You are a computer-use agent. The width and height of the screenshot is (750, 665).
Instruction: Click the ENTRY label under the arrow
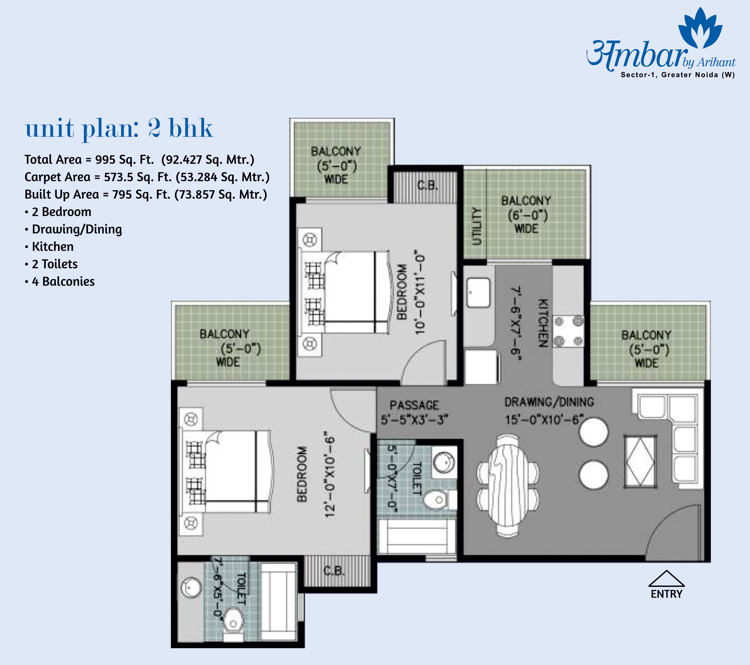coord(666,594)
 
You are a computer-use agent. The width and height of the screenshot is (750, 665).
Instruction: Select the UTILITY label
coord(476,226)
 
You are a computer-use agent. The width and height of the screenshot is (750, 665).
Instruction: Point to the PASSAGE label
coord(414,405)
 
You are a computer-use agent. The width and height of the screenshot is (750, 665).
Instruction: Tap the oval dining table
coord(508,486)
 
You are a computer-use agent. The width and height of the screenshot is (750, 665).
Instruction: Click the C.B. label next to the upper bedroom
coord(427,185)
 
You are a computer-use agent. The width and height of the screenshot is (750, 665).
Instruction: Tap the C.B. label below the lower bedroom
coord(334,571)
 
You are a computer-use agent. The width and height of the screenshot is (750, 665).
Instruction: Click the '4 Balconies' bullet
coord(60,281)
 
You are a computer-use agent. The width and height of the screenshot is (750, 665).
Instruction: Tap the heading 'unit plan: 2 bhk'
coord(119,128)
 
